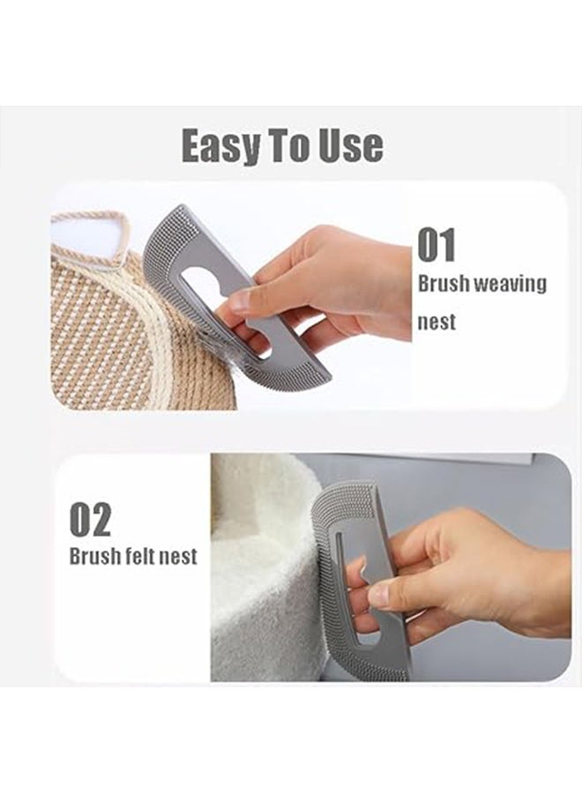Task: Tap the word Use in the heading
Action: (x=348, y=145)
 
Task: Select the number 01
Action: (x=437, y=245)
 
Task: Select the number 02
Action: (x=91, y=520)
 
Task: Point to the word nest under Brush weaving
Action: (x=437, y=322)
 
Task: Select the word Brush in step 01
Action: (x=444, y=285)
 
